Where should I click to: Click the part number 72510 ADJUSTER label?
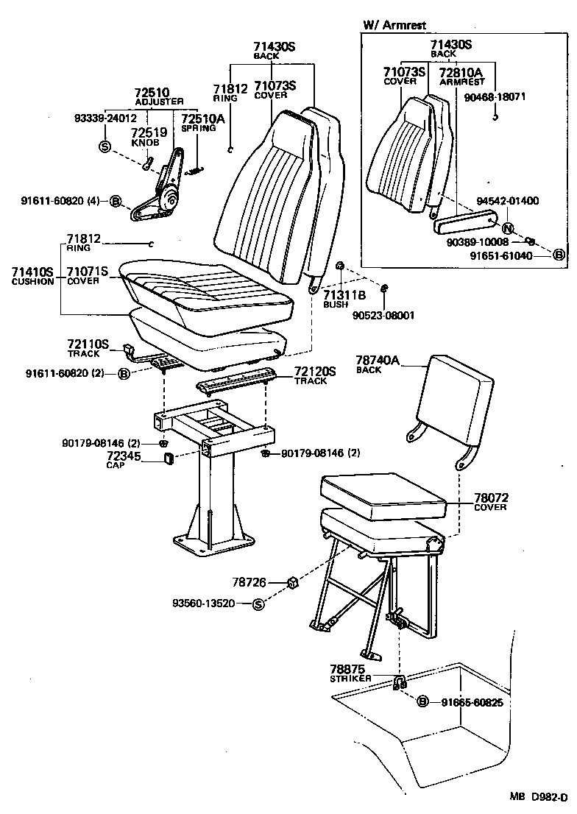coord(159,96)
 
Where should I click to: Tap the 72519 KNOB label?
coord(145,137)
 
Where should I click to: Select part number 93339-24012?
coord(106,117)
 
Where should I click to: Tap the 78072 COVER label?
coord(492,502)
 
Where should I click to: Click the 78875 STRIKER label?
coord(350,673)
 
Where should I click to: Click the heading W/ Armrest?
coord(394,26)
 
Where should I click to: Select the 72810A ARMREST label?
coord(461,77)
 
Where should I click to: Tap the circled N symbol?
coord(507,227)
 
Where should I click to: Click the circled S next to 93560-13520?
coord(258,604)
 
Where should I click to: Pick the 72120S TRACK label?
coord(314,375)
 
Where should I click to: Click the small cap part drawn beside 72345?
coord(168,460)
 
